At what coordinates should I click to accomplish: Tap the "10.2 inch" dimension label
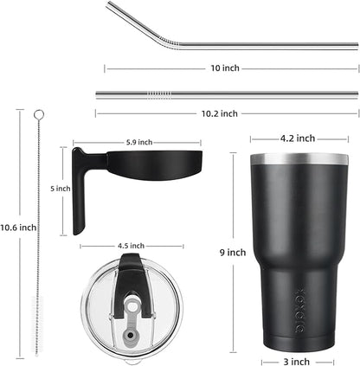point(227,112)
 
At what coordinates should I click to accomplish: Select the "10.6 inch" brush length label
point(16,228)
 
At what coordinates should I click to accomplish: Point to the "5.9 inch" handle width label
point(138,142)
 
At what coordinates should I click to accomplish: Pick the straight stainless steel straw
point(225,94)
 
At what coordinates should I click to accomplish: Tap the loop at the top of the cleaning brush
point(38,116)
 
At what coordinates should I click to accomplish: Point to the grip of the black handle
point(79,195)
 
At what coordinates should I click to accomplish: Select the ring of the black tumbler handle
point(143,165)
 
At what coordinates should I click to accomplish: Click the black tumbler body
point(286,251)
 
